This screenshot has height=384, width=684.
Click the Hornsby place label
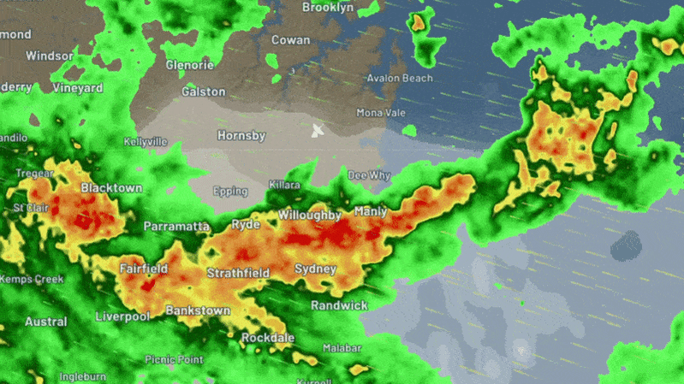(x=241, y=136)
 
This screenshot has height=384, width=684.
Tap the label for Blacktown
(x=111, y=188)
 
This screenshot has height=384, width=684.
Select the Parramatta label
(x=176, y=227)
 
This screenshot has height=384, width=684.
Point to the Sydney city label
(x=316, y=269)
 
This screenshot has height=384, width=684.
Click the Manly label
(x=370, y=211)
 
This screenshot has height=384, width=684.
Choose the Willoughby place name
(x=310, y=216)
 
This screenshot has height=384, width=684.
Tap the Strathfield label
(x=238, y=274)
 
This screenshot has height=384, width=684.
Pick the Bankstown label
(x=198, y=310)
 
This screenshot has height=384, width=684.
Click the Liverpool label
(x=122, y=316)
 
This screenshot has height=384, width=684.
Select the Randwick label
(x=339, y=305)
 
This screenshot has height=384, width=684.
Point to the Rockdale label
(x=267, y=339)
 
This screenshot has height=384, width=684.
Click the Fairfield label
(x=143, y=269)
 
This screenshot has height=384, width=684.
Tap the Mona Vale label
(x=380, y=113)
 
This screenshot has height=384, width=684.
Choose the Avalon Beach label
(x=400, y=79)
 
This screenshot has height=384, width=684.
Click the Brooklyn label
(x=328, y=8)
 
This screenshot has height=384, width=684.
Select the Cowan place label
(x=290, y=40)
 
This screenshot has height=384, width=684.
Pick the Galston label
(x=204, y=92)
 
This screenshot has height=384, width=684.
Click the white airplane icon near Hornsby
(x=318, y=131)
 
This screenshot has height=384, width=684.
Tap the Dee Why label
(x=369, y=175)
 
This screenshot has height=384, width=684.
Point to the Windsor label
(x=50, y=56)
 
